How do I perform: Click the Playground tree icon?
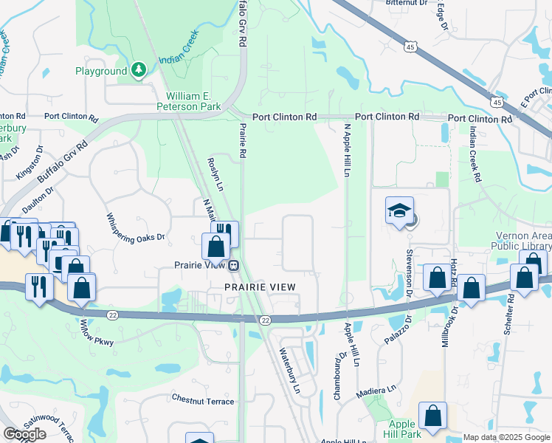tap(138, 70)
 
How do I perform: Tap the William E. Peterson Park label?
tap(194, 101)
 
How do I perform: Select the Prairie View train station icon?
tap(233, 265)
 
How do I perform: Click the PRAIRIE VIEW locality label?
tap(261, 286)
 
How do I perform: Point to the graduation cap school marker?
tap(399, 211)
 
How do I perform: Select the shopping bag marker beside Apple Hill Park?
tap(432, 416)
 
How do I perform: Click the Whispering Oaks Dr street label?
tap(136, 227)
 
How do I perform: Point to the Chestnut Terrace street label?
tap(203, 402)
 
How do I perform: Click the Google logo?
tap(24, 434)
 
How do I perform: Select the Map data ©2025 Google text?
tap(506, 437)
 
